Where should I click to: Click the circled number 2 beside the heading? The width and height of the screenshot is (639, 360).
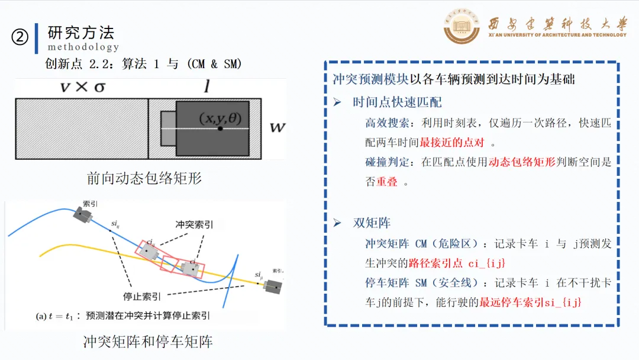20,37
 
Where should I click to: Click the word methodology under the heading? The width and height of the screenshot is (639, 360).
83,47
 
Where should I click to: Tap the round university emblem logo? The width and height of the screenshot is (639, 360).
462,27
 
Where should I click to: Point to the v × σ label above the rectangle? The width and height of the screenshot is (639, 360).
83,87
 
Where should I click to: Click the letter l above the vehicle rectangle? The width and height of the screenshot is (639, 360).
206,88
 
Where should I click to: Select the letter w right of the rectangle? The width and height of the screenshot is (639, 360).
277,127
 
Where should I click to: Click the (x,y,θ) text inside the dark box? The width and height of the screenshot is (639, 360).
220,118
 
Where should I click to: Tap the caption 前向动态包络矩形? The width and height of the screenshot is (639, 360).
144,178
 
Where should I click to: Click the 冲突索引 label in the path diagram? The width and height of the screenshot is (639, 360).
195,225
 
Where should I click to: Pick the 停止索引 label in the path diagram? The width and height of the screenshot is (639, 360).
142,296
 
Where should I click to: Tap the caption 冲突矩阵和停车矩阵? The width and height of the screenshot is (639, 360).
148,342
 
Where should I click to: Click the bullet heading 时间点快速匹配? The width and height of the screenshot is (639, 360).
397,102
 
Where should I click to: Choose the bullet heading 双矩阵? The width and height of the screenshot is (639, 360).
372,223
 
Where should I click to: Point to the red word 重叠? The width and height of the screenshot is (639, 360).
387,182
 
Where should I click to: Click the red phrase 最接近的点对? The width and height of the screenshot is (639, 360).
451,143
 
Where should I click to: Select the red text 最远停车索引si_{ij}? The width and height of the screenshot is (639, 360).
531,303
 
